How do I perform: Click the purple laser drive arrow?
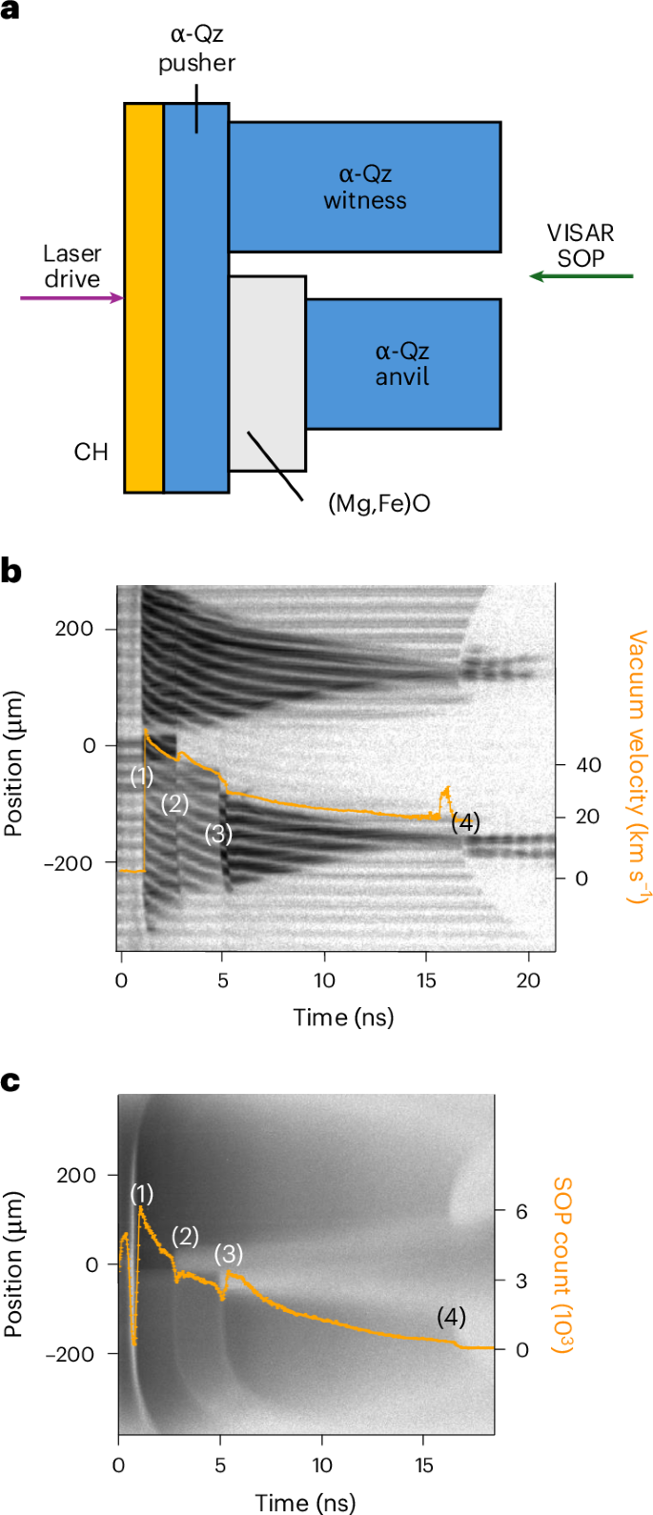click(x=71, y=298)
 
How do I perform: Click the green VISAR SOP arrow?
click(x=582, y=276)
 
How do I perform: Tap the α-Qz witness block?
click(x=364, y=187)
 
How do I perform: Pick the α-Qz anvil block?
click(x=403, y=364)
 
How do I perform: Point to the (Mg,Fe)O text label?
click(x=378, y=503)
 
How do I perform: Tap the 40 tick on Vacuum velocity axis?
click(x=588, y=765)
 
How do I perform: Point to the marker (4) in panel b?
click(x=465, y=822)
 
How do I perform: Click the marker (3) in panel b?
click(x=219, y=834)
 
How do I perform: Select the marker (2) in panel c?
click(x=185, y=1237)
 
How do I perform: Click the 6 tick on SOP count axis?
click(x=521, y=1211)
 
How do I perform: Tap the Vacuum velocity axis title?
click(x=637, y=766)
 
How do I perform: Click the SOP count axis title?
click(x=562, y=1264)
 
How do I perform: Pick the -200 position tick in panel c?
click(x=77, y=1353)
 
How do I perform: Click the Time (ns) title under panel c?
click(x=305, y=1503)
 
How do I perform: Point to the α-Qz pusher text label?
click(x=196, y=50)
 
